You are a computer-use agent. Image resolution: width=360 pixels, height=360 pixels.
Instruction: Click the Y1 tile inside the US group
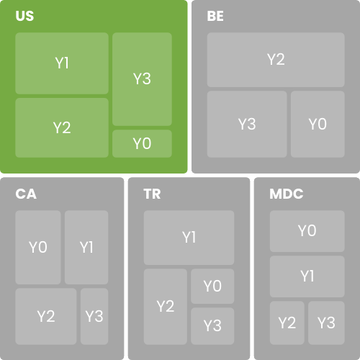click(x=62, y=63)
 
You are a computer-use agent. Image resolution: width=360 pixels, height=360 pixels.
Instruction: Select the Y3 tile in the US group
click(x=142, y=79)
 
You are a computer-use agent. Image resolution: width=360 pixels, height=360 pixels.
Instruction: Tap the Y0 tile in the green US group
click(x=142, y=143)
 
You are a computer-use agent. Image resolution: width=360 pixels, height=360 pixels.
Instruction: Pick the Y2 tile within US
click(x=62, y=127)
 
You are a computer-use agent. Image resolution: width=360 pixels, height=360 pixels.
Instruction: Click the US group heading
click(x=24, y=16)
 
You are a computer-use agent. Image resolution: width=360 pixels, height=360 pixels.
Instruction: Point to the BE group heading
click(x=215, y=16)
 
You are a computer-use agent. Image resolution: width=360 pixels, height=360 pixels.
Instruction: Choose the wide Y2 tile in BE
click(x=276, y=60)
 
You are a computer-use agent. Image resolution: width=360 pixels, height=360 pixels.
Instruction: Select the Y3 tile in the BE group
click(x=247, y=124)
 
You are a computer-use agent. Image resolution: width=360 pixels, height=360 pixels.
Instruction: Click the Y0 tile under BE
click(x=318, y=124)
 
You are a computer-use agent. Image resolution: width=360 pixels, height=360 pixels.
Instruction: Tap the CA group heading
click(x=26, y=194)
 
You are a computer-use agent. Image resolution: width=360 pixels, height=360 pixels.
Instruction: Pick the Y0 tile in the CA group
click(x=38, y=247)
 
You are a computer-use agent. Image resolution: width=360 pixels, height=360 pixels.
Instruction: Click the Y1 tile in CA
click(x=86, y=247)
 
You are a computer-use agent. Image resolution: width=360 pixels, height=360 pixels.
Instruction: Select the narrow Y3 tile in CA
click(x=94, y=316)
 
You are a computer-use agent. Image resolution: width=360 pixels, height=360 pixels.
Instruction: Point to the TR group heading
click(x=152, y=194)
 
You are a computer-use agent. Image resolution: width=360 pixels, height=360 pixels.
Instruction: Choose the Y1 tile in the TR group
click(x=189, y=238)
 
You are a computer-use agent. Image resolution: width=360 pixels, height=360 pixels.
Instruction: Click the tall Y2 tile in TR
click(x=166, y=307)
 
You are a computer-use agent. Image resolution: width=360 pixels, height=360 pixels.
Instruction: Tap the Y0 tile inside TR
click(x=212, y=286)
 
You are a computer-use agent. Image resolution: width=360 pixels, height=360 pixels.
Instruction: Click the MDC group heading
click(x=287, y=194)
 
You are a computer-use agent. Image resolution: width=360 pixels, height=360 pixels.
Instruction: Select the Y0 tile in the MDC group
click(x=307, y=231)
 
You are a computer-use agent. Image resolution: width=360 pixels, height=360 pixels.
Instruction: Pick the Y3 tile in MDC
click(x=326, y=323)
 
